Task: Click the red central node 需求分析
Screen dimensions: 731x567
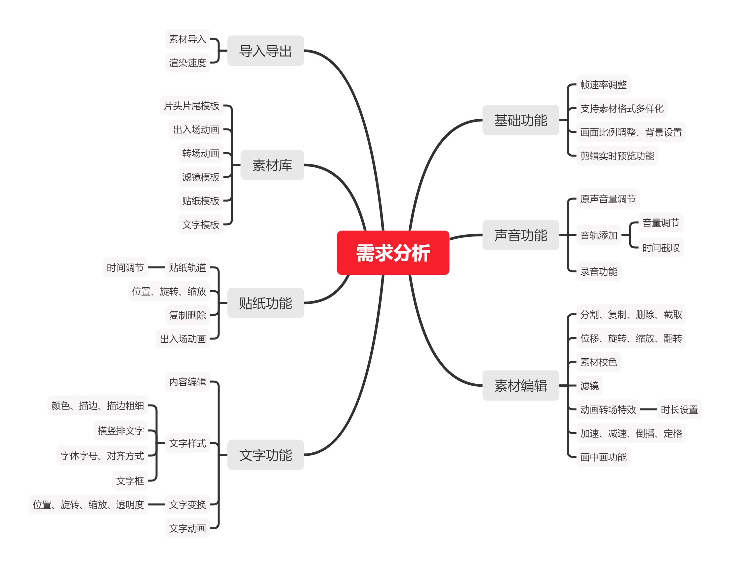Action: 393,253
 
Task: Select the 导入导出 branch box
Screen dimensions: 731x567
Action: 265,51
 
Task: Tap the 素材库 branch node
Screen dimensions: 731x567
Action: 272,165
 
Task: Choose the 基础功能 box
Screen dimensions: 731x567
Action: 520,120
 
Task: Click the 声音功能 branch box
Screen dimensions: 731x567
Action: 520,235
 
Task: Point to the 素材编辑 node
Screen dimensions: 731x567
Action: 520,385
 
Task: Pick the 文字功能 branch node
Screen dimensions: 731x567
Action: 265,455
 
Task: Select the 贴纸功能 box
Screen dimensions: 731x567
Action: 265,303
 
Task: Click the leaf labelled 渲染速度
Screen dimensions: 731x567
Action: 187,62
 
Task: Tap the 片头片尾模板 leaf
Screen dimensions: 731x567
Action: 191,106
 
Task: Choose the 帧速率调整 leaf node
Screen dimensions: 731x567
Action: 603,85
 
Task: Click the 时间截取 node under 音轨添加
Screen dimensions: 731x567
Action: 661,248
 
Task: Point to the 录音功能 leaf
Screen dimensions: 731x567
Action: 598,271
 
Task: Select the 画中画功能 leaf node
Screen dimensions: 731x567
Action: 603,457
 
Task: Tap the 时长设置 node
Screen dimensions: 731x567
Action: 679,409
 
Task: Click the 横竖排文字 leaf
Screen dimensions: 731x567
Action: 121,431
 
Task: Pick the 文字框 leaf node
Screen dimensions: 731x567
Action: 130,481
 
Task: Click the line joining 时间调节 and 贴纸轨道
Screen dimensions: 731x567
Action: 156,267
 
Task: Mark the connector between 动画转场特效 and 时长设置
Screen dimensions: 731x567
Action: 648,409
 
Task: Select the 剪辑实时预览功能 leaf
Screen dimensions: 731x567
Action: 617,156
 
